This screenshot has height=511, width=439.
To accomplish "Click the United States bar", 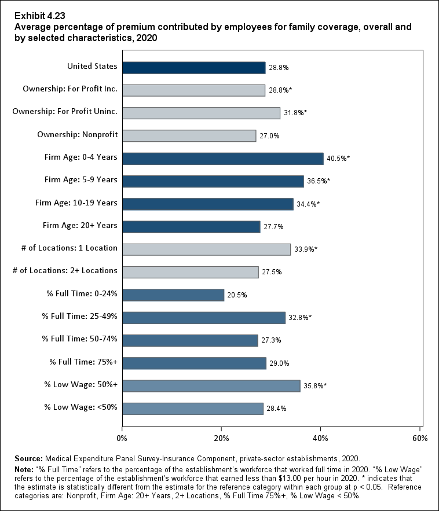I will pos(194,67).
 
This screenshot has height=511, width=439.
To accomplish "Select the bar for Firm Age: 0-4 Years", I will pos(223,159).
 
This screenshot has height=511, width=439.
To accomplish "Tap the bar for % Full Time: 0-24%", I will pos(173,295).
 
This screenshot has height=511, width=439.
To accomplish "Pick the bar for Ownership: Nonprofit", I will pos(189,135).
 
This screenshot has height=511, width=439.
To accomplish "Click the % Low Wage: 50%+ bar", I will pos(211,386).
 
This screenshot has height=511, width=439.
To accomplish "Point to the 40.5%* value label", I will pos(339,159).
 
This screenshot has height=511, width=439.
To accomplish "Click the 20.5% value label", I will pos(237,295).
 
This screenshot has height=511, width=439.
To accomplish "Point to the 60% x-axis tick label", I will pos(420,438).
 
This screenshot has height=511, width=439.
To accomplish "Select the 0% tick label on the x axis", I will pos(122,438).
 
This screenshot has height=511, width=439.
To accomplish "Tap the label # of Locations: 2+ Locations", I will pos(69,270).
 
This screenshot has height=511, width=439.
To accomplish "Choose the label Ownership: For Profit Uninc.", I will pos(65,112).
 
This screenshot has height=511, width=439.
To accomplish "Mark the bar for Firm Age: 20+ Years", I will pos(191,227).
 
